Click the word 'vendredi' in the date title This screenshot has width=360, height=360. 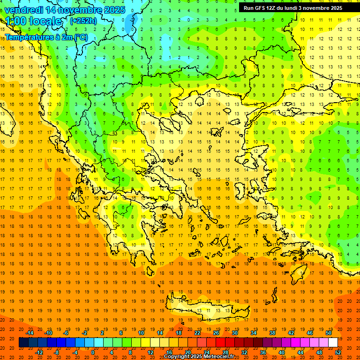25,10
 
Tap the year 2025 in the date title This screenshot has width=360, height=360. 114,10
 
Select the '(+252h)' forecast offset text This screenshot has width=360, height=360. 83,21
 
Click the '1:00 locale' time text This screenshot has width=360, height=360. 33,21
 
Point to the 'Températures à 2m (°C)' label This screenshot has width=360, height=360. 46,37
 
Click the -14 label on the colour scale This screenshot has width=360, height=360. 30,333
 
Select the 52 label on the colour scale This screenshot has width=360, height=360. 338,352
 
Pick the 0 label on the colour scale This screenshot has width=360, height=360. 93,352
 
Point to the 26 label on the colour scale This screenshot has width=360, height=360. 216,333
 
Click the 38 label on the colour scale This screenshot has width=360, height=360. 272,333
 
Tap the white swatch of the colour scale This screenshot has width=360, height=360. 333,343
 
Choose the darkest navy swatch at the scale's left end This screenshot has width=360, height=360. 23,343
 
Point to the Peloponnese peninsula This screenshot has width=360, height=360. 136,239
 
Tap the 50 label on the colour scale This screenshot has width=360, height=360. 329,333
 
